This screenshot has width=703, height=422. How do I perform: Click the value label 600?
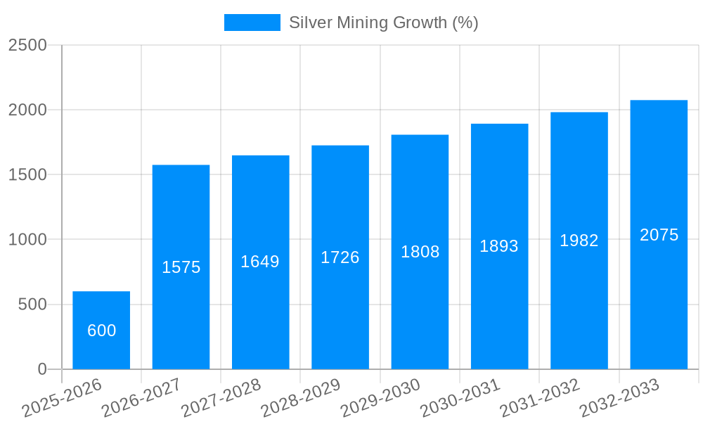point(102,331)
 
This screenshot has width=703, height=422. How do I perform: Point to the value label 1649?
point(260,262)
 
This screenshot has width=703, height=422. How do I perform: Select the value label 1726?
point(340,257)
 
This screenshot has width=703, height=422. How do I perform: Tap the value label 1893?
point(499,246)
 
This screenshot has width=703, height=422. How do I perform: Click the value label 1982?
point(579,241)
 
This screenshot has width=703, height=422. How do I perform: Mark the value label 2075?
point(659,235)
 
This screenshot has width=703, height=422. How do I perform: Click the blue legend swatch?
point(252,23)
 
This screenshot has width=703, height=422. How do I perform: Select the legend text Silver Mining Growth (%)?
point(384,23)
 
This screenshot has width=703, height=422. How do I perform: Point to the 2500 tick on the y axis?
point(27,45)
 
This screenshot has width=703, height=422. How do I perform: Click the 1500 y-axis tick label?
point(27,175)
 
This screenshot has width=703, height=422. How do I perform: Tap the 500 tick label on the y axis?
point(32,305)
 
